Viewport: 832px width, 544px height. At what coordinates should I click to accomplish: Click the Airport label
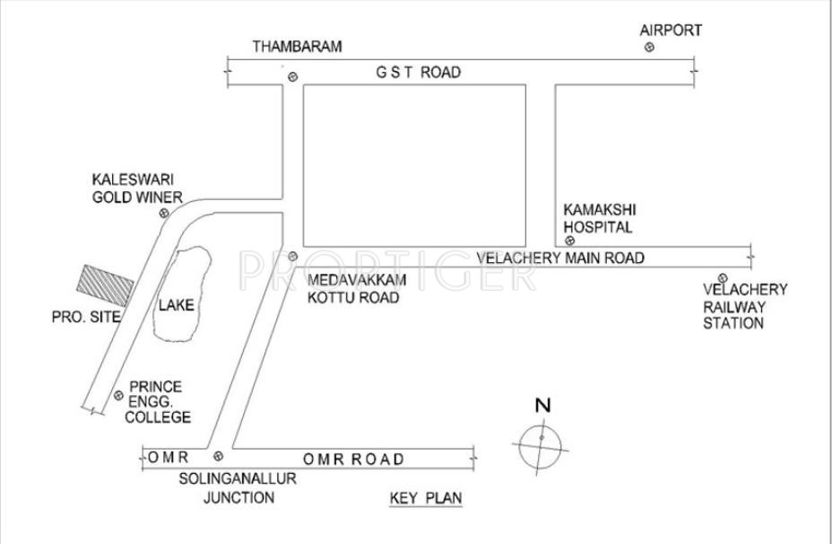[x=671, y=31]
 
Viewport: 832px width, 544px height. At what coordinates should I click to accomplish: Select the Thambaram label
[x=297, y=47]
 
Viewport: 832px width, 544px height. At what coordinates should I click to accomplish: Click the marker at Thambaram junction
[x=291, y=77]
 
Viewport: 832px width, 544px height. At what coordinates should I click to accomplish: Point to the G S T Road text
[x=419, y=72]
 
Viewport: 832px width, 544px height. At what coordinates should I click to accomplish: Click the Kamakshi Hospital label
[x=598, y=218]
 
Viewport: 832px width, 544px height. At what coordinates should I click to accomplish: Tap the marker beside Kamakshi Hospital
[x=568, y=240]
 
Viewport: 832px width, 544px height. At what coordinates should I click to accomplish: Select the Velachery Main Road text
[x=560, y=259]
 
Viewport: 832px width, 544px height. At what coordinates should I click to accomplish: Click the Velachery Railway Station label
[x=745, y=306]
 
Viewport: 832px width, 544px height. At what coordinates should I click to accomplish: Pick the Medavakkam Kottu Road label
[x=353, y=289]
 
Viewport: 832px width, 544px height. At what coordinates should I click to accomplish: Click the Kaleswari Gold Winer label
[x=137, y=189]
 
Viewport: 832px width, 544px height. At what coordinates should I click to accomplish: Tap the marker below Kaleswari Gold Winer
[x=164, y=213]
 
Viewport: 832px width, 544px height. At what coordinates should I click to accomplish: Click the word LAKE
[x=176, y=305]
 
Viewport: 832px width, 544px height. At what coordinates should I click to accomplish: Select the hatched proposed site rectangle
[x=106, y=285]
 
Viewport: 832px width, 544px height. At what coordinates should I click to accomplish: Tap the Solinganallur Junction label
[x=238, y=488]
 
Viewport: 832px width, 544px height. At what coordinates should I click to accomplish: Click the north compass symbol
[x=542, y=437]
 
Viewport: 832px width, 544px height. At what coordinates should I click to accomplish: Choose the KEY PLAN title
[x=426, y=499]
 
